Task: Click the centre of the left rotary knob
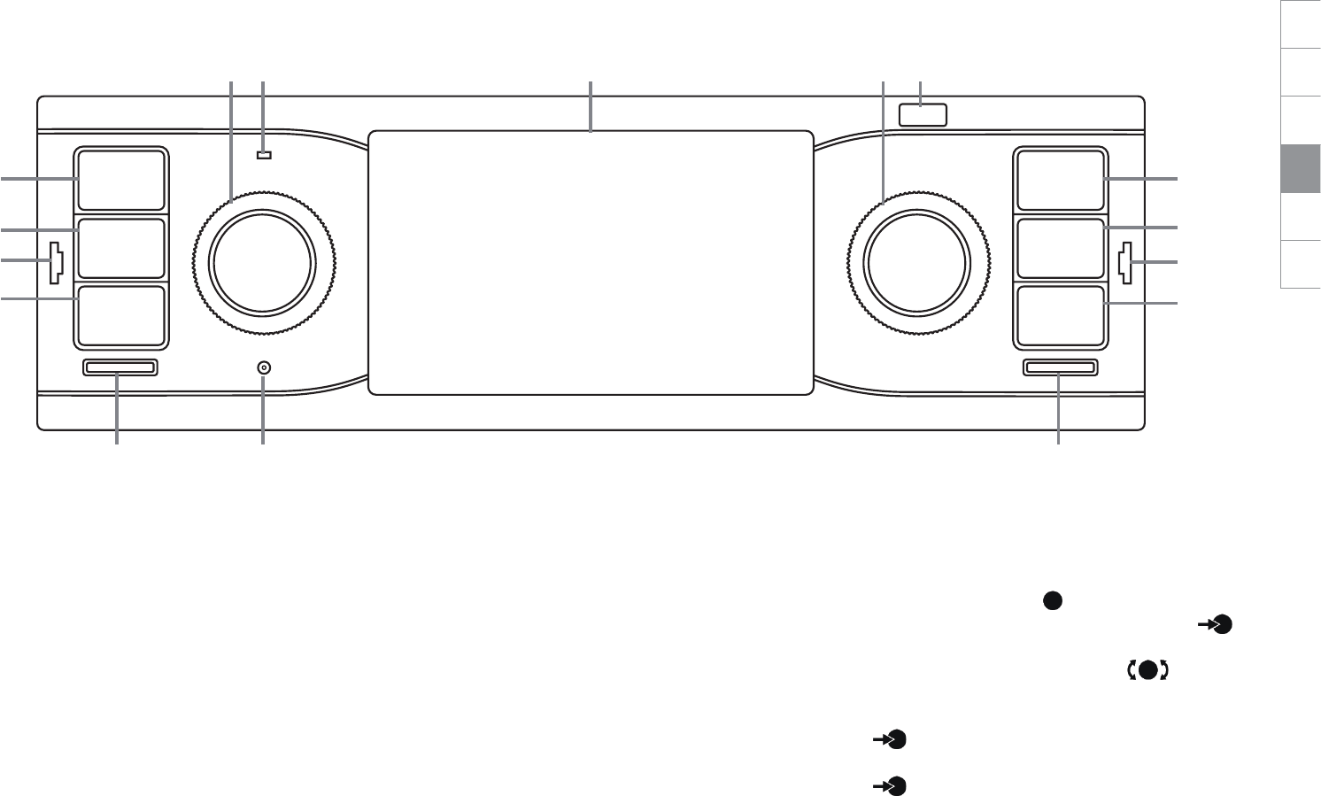click(x=261, y=261)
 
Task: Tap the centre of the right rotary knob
click(x=917, y=261)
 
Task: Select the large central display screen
click(x=591, y=262)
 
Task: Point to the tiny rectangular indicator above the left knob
click(x=263, y=156)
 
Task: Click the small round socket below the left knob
click(x=263, y=367)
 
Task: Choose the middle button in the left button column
click(x=120, y=248)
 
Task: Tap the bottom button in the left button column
click(x=120, y=315)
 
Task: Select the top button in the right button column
click(x=1060, y=180)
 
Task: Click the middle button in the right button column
click(x=1060, y=248)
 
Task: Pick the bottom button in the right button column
click(x=1060, y=315)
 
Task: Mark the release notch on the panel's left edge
click(x=56, y=262)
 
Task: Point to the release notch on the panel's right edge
click(x=1125, y=263)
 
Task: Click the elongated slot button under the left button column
click(x=120, y=367)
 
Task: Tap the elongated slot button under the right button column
click(x=1060, y=367)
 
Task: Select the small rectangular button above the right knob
click(x=923, y=114)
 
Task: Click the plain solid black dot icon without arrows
click(x=1051, y=600)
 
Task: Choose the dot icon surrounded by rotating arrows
click(x=1147, y=670)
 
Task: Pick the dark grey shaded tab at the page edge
click(x=1300, y=168)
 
